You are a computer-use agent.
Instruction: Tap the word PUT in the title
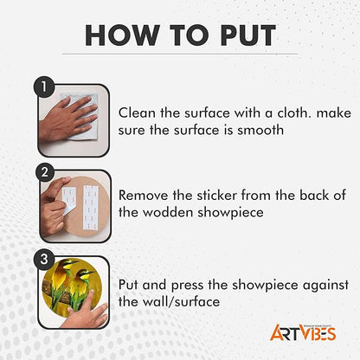pos(248,35)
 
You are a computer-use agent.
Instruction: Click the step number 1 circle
pos(44,87)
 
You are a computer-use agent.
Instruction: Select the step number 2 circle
pos(45,172)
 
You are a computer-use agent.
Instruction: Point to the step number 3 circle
pos(44,259)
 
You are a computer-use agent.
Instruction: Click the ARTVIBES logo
pos(303,332)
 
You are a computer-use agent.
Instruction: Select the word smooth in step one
pos(260,130)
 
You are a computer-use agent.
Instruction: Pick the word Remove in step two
pos(144,196)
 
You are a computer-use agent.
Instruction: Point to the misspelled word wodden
pos(168,213)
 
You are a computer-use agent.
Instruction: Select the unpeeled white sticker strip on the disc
pos(91,207)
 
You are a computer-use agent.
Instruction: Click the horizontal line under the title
pos(180,54)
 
